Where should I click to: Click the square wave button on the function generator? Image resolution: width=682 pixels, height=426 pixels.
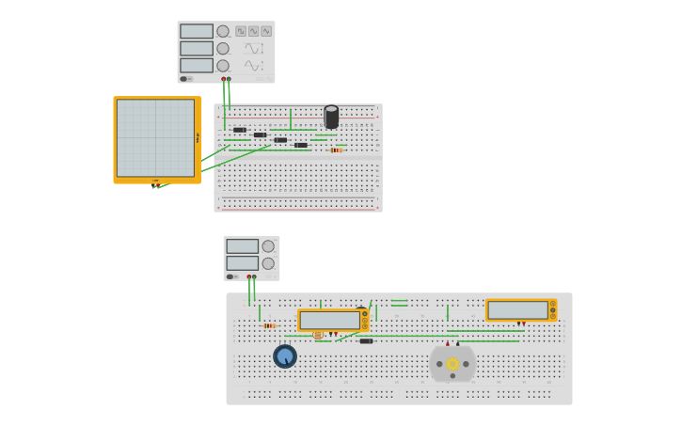(x=241, y=31)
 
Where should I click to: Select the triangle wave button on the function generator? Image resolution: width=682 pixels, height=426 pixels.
(x=266, y=31)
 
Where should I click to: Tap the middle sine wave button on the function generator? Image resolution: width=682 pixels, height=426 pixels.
(x=253, y=31)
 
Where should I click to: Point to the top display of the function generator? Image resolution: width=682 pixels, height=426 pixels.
(x=197, y=31)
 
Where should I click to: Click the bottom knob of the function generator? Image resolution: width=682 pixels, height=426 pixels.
(x=223, y=66)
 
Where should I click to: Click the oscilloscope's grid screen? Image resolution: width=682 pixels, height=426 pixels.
(x=155, y=138)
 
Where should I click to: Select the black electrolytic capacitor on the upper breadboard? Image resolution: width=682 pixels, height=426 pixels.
(x=331, y=117)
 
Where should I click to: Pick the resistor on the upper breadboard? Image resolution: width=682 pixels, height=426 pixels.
(x=336, y=150)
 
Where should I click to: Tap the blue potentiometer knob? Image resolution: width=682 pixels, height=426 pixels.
(x=285, y=356)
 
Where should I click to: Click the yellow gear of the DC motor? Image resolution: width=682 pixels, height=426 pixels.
(x=452, y=364)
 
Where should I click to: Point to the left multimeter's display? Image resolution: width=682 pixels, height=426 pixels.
(x=328, y=320)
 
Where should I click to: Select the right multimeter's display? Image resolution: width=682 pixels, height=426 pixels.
(x=517, y=309)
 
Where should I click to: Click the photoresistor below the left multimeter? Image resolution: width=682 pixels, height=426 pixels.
(x=318, y=335)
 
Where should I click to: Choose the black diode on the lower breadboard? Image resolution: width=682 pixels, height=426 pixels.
(x=366, y=340)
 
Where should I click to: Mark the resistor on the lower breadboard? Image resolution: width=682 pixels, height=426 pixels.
(x=270, y=326)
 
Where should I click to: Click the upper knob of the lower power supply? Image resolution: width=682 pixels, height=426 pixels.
(x=268, y=246)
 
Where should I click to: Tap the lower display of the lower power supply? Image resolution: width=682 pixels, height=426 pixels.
(x=242, y=263)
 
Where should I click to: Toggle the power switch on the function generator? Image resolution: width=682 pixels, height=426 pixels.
(x=185, y=79)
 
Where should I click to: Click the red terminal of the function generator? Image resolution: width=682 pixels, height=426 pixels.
(x=223, y=79)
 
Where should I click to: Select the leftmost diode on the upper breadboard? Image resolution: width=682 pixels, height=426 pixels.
(x=240, y=130)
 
